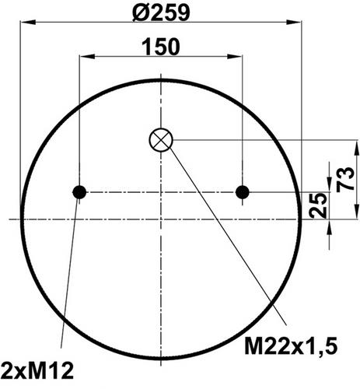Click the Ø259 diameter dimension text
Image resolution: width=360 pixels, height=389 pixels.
(x=161, y=12)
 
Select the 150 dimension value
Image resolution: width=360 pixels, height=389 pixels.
(x=161, y=47)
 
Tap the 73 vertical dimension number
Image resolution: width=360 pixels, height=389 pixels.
(x=346, y=179)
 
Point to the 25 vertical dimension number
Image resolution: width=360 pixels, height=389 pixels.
(x=318, y=205)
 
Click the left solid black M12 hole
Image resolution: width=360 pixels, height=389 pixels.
(x=79, y=192)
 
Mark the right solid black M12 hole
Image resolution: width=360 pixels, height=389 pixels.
(x=243, y=192)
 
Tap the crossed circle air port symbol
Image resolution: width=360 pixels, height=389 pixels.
(x=161, y=140)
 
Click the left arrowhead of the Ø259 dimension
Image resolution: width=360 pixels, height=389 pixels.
(x=27, y=23)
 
